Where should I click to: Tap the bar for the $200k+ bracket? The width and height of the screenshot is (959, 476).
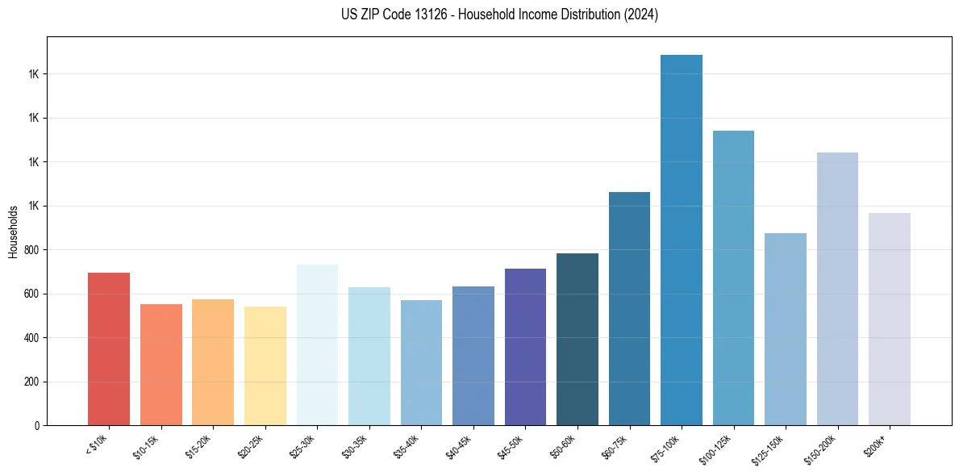point(890,319)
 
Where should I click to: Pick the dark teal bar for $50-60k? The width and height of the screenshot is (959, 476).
point(577,339)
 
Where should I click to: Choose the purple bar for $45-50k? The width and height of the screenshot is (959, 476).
point(525,347)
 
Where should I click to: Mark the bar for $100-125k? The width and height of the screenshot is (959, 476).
point(733,278)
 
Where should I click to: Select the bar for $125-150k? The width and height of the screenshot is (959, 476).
point(786,329)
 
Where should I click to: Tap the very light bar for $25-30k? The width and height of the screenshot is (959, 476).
point(317,344)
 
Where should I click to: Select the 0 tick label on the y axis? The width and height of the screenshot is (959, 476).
point(38,426)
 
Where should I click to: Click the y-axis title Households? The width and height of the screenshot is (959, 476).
point(13,232)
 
